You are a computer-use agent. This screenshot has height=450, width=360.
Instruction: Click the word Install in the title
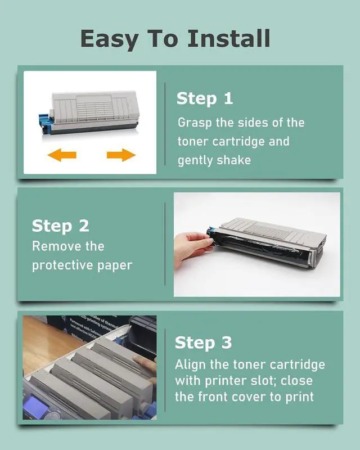tap(229, 38)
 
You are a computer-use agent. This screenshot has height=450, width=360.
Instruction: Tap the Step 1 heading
tap(204, 98)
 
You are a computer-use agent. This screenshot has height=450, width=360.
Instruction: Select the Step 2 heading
tap(60, 226)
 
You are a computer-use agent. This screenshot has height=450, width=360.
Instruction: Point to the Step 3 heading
tap(203, 343)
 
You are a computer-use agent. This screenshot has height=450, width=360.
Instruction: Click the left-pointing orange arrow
tap(62, 155)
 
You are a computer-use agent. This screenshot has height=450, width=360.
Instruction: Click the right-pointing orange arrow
tap(121, 155)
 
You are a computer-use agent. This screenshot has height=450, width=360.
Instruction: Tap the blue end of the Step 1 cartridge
tap(44, 123)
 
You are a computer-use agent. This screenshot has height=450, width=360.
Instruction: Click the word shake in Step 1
tap(233, 160)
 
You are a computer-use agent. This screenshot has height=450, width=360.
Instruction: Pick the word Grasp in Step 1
tap(195, 123)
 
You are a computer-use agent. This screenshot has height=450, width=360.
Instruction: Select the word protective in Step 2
tap(63, 265)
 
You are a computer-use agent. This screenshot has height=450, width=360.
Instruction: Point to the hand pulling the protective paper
tap(192, 247)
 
